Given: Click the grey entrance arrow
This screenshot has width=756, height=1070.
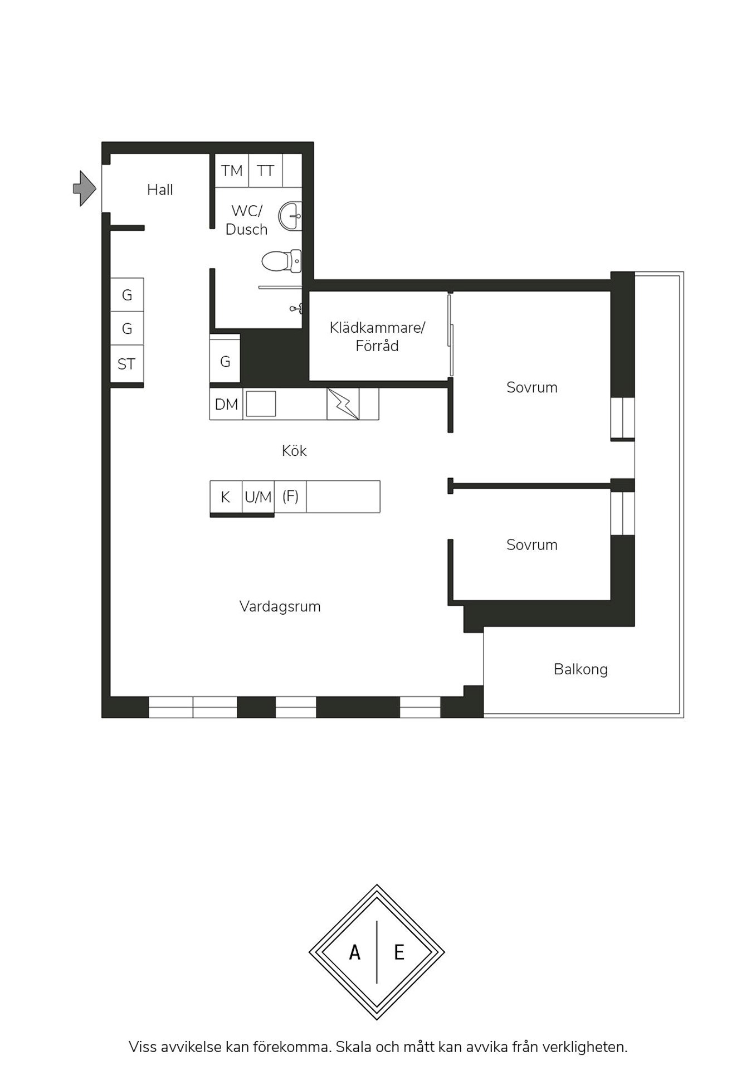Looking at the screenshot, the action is pos(85,188).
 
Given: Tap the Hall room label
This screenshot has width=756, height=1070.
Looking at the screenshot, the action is pos(160,189).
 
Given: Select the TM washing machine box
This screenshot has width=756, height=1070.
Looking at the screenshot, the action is pos(232,171).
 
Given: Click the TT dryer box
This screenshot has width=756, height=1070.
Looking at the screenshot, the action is pos(266,171).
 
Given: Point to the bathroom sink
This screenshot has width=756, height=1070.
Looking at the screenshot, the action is pos(291,216).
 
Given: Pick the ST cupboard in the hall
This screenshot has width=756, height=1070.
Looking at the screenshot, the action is pos(127,364).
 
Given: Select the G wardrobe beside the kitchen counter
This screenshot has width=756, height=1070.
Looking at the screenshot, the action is pos(225,362).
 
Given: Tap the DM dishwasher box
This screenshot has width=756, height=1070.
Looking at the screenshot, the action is pos(226,404).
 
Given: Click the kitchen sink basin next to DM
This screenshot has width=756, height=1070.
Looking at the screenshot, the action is pos(261,403).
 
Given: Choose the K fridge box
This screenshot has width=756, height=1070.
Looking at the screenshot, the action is pos(226,497).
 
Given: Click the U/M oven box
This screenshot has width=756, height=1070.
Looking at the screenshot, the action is pos(258,497).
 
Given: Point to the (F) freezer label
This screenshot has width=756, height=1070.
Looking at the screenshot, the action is pos(290,496).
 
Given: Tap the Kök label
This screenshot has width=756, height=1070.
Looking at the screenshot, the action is pos(294,450).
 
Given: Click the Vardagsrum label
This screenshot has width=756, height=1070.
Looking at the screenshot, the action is pos(280,606).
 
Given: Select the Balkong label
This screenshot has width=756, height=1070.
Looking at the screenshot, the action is pos(581,669).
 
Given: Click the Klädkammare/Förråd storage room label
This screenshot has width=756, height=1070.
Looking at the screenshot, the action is pos(377,336).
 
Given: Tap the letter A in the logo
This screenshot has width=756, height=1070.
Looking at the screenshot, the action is pos(355,952).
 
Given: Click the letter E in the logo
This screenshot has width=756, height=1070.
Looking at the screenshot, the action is pos(399,952).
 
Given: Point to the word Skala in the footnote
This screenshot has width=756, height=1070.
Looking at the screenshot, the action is pos(353,1047).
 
